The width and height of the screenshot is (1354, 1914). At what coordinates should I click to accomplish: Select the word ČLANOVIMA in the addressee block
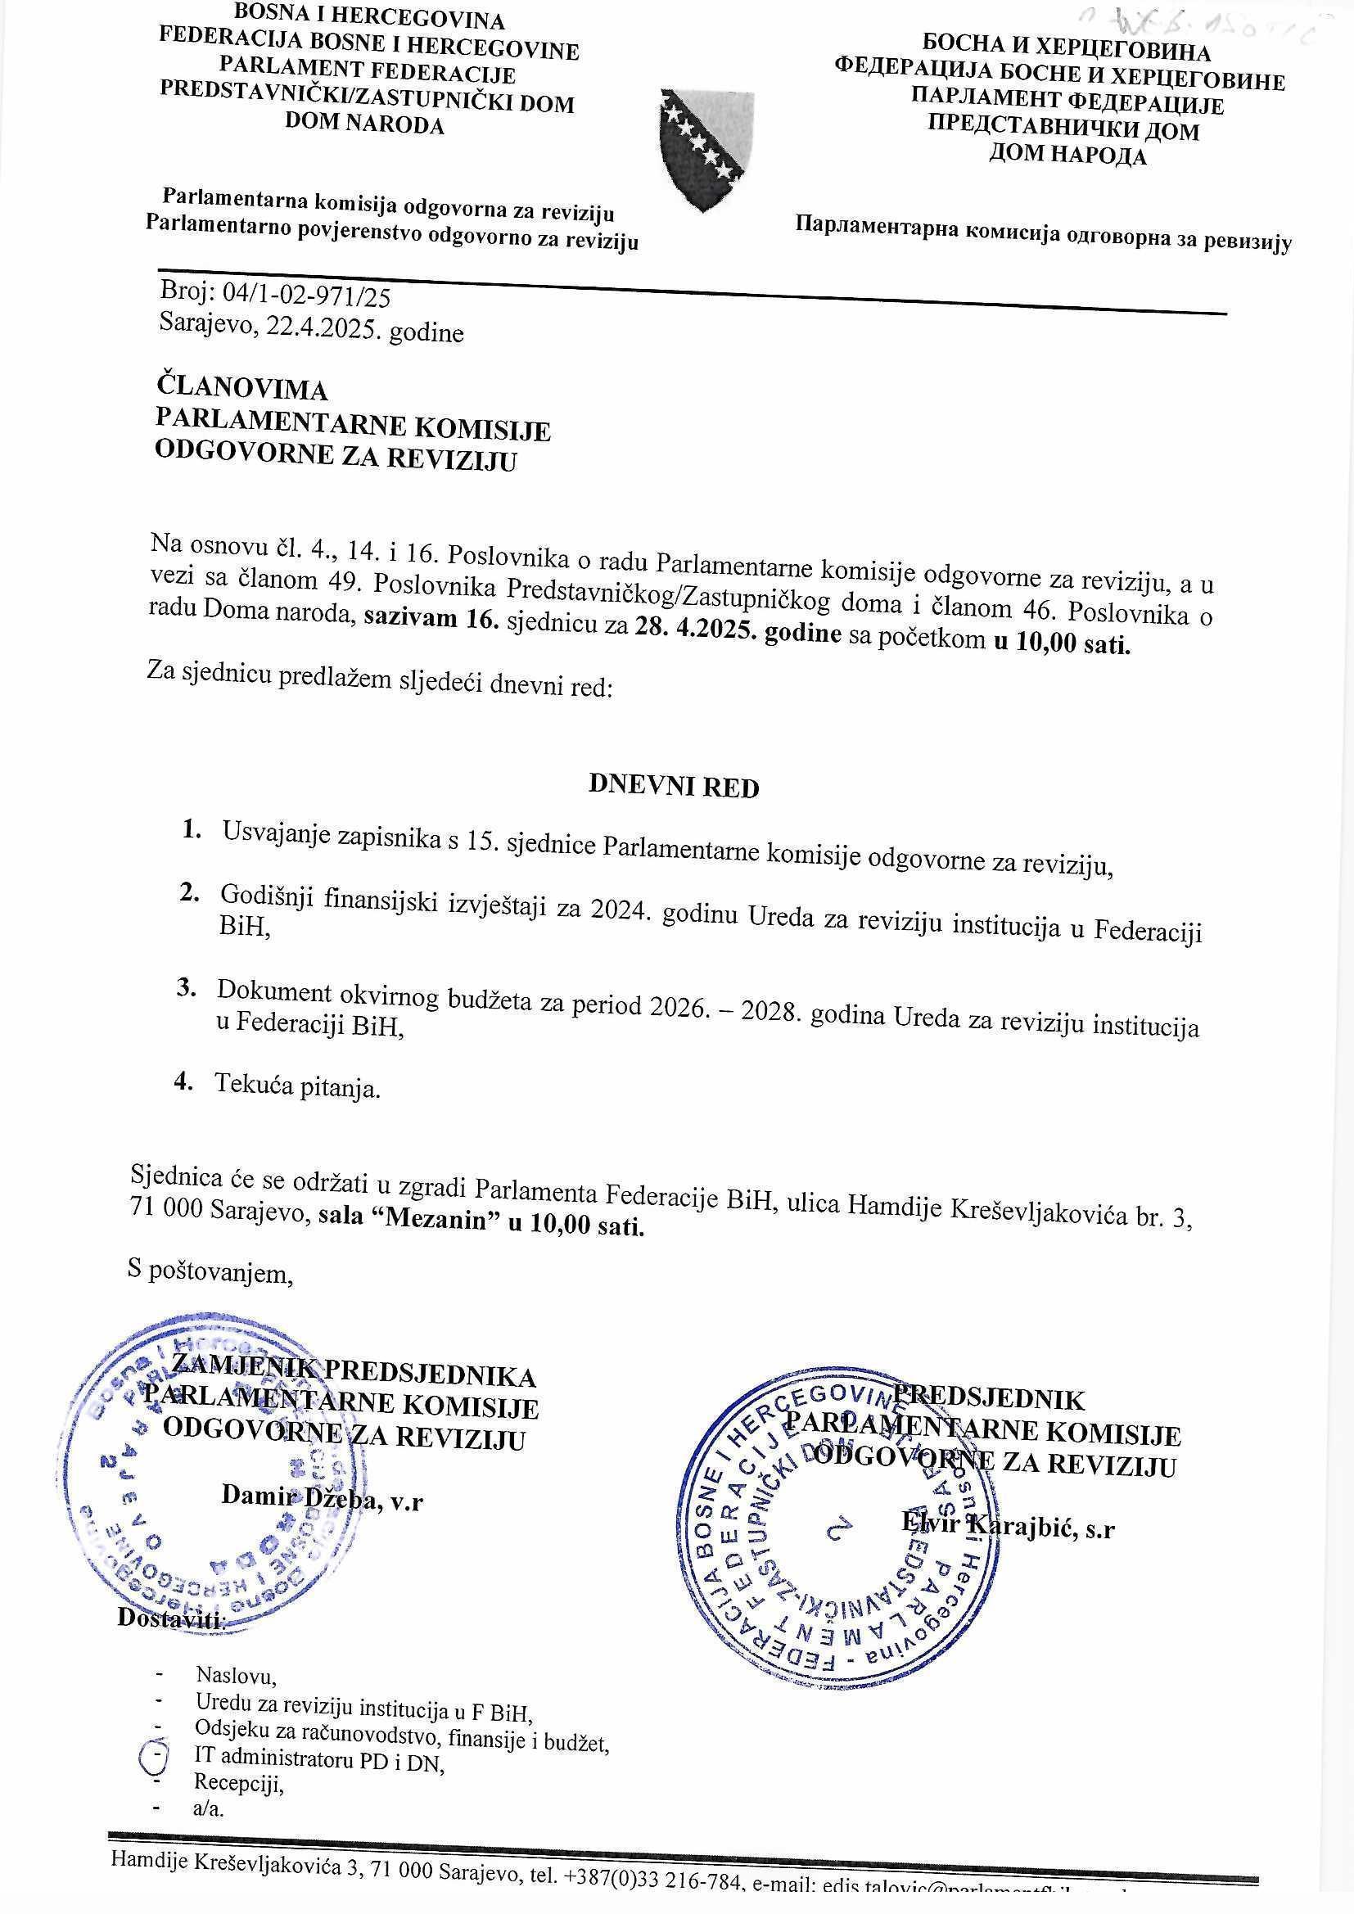coord(241,389)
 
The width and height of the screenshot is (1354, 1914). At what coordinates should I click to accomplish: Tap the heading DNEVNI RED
coord(674,786)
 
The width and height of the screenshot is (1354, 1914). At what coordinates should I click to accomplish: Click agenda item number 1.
coord(191,828)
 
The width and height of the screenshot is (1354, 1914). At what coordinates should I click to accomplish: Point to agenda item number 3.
coord(185,987)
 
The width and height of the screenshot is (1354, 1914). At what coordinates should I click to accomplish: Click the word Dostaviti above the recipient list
coord(171,1641)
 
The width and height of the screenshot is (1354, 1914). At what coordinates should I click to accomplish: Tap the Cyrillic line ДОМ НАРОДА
coord(1067,156)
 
